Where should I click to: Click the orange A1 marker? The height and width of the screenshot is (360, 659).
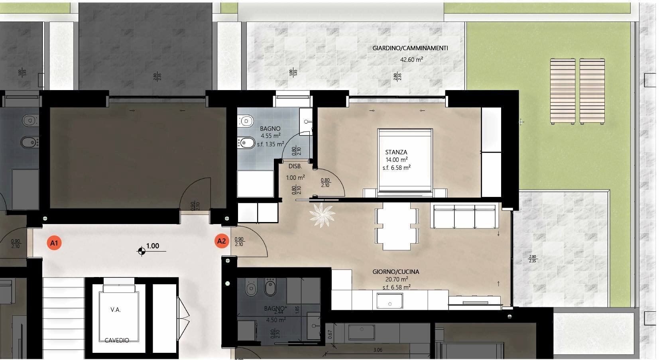click(54, 243)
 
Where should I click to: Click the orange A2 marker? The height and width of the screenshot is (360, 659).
click(221, 241)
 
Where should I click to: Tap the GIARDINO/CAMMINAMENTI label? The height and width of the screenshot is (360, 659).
click(410, 48)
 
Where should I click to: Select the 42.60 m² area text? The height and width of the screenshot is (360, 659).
click(411, 60)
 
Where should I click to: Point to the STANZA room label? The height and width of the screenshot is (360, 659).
click(396, 152)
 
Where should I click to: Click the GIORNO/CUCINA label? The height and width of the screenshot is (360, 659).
click(396, 272)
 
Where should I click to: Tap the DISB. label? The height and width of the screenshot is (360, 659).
click(295, 166)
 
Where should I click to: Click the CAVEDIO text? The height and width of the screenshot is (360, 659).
click(117, 340)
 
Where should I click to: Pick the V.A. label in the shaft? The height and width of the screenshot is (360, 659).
click(116, 309)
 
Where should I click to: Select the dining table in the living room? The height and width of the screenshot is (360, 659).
click(396, 226)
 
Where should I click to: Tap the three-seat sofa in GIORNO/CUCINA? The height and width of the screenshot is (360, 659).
click(464, 216)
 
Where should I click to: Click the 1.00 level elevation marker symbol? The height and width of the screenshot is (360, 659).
click(142, 251)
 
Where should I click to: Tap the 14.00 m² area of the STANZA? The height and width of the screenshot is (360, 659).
click(396, 160)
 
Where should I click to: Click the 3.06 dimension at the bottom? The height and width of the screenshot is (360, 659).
click(378, 350)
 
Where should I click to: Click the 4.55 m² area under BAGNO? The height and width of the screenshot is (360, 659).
click(270, 136)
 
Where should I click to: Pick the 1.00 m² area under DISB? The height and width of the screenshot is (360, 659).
click(295, 178)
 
